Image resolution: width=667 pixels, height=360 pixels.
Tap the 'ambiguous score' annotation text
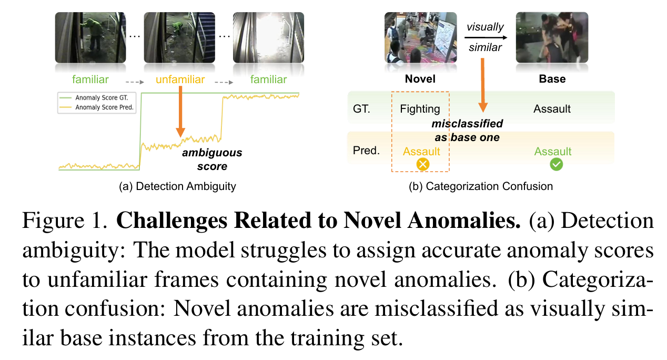[212, 159]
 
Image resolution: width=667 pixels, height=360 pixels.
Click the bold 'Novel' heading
[420, 79]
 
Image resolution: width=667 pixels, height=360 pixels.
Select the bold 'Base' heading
[552, 79]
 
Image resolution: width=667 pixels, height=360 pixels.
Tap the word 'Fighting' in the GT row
[420, 109]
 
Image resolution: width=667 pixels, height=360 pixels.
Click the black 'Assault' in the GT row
[552, 109]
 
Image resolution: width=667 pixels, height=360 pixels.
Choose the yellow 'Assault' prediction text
[421, 152]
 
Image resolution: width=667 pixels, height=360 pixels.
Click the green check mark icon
[555, 164]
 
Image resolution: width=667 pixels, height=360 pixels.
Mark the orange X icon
[423, 164]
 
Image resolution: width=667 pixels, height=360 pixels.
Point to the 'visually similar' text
[484, 37]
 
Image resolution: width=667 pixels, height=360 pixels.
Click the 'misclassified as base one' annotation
[467, 131]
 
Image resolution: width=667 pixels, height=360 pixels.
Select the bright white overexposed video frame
[269, 38]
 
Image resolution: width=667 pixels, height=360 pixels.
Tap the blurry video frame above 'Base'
[552, 38]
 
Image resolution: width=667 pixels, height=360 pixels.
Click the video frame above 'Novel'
[420, 38]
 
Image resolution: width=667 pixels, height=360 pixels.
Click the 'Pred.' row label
[367, 151]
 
